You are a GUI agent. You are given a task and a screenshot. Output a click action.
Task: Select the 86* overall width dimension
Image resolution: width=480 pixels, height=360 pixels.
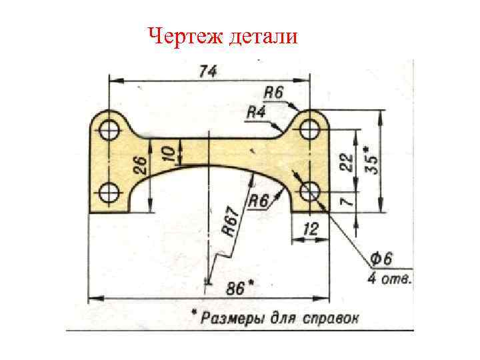[x=239, y=288]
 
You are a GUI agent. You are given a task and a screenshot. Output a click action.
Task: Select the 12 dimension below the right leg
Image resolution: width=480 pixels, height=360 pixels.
[x=311, y=229]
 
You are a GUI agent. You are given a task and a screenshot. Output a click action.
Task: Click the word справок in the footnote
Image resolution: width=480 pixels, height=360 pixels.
[x=327, y=317]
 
